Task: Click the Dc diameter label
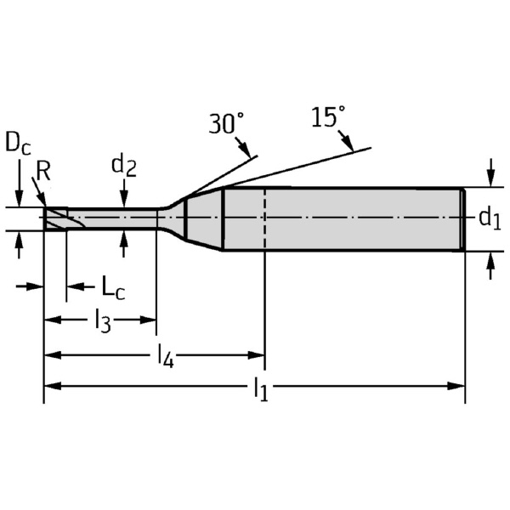coord(18,142)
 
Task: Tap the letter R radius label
coord(44,171)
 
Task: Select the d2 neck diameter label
coord(124,166)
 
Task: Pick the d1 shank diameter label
coord(488,218)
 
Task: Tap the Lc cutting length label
coord(108,287)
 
